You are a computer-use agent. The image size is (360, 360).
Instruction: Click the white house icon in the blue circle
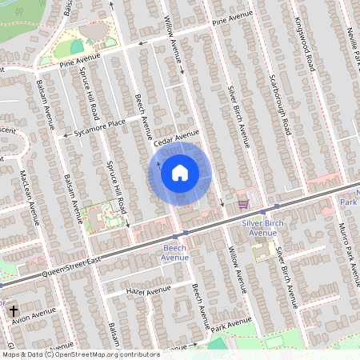tap(180, 172)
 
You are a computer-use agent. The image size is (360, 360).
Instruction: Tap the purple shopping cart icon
tap(242, 204)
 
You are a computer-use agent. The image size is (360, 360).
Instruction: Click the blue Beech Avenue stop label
tap(174, 253)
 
